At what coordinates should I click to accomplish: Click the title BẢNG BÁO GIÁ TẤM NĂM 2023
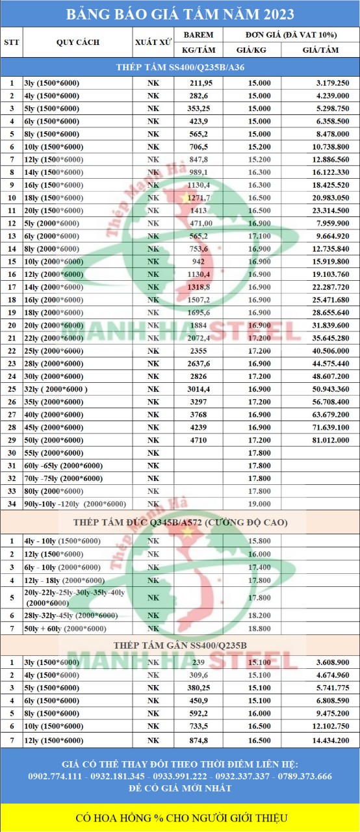click(180, 14)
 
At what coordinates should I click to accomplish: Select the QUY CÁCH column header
click(78, 42)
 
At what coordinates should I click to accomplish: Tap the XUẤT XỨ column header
click(153, 42)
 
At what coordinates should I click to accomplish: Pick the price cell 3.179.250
click(332, 83)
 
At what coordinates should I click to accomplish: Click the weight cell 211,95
click(198, 83)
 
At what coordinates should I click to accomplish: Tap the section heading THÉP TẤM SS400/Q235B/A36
click(180, 67)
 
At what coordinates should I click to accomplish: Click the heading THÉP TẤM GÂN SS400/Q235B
click(180, 644)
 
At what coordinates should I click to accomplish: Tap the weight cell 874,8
click(198, 740)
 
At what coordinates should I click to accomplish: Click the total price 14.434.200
click(331, 740)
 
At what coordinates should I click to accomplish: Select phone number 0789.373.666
click(303, 776)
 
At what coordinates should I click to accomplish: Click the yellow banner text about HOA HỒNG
click(180, 818)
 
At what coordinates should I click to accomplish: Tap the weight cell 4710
click(198, 440)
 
